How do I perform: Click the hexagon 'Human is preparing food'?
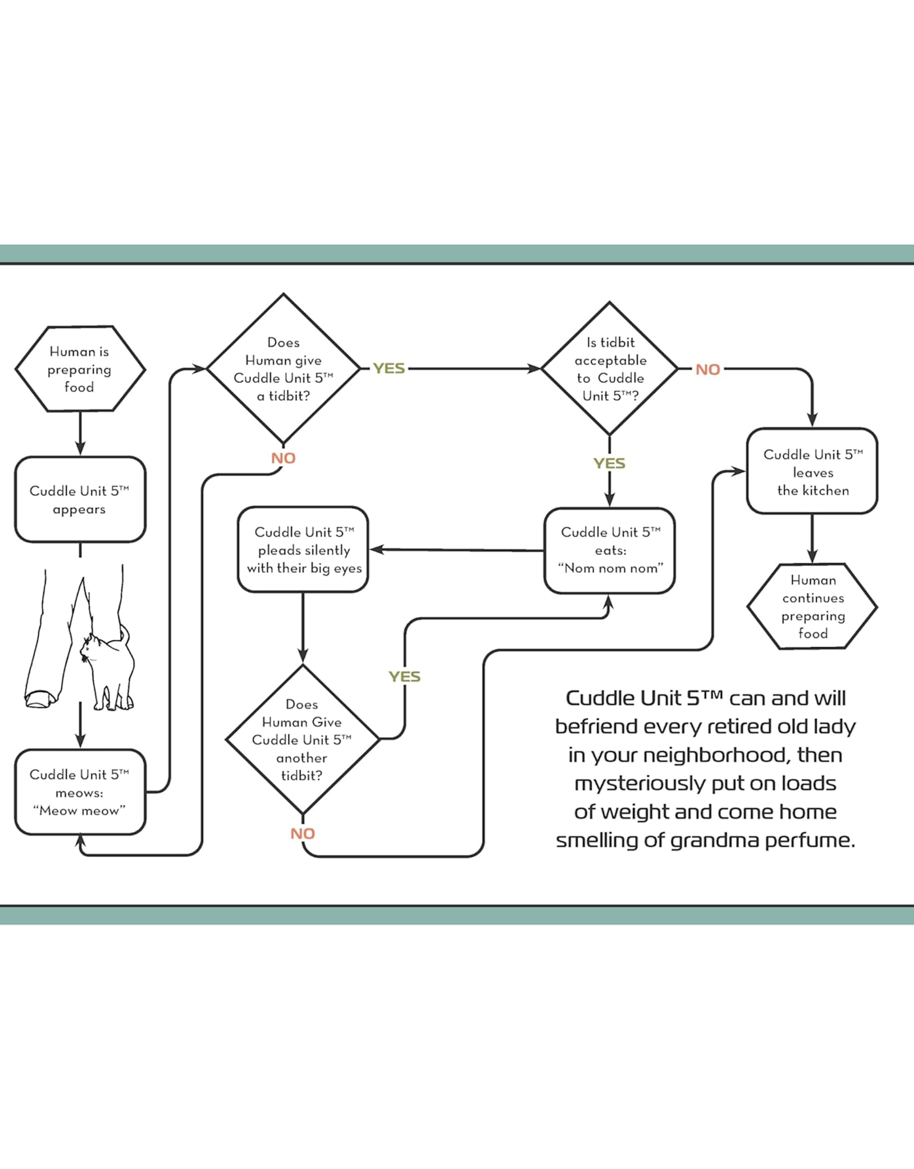pos(80,369)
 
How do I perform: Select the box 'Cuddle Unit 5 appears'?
pos(80,499)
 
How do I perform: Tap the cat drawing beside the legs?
pos(109,671)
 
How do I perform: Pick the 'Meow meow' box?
pos(80,792)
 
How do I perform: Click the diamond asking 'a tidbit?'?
pos(283,369)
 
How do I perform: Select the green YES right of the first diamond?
pos(389,369)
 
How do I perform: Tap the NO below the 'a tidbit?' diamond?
pos(283,458)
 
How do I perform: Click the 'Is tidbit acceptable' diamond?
pos(610,369)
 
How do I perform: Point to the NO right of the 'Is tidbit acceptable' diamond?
pos(708,370)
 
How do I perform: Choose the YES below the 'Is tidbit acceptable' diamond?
pos(610,463)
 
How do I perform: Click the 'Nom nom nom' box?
pos(610,550)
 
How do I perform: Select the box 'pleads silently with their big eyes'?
pos(303,550)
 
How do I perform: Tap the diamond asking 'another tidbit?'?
pos(302,740)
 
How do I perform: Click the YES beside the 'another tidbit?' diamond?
pos(404,677)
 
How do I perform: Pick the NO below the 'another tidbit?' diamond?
pos(302,834)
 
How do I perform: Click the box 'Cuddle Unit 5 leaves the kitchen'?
pos(812,471)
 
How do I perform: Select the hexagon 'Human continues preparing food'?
pos(812,606)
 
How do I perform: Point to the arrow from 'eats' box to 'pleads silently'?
pos(457,550)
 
